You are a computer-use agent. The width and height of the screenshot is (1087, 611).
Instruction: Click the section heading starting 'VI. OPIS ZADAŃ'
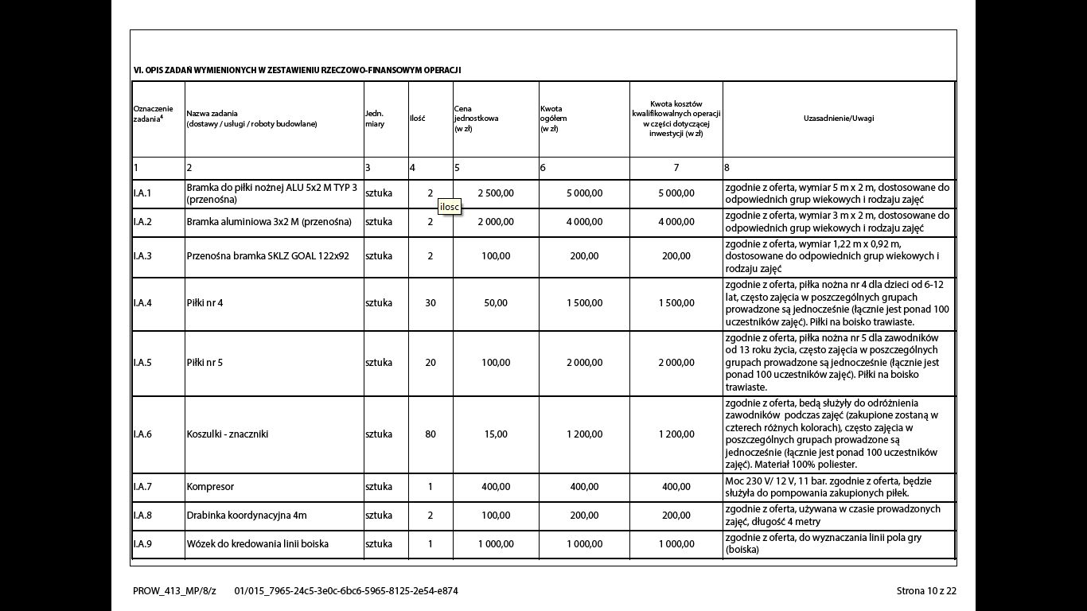[297, 70]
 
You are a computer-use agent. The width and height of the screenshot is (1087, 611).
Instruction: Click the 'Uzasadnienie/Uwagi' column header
[839, 119]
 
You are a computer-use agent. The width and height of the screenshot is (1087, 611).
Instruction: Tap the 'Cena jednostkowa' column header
[477, 119]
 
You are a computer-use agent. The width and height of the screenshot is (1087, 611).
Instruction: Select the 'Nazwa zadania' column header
[251, 119]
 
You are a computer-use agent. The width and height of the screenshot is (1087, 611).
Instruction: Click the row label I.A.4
[142, 303]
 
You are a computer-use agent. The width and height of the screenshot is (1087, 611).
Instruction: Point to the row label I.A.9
[142, 544]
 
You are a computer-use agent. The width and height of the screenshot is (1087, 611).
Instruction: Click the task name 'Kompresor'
[210, 487]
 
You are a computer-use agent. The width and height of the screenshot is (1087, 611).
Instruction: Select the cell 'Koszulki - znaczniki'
[227, 434]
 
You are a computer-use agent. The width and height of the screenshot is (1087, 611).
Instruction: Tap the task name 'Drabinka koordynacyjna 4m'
[247, 516]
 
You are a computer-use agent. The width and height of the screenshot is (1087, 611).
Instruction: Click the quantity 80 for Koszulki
[431, 434]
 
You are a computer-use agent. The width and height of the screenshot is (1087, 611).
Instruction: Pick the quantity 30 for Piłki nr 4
[431, 303]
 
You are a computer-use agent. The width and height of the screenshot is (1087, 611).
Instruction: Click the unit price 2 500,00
[496, 193]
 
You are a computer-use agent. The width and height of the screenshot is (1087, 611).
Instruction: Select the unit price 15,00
[496, 434]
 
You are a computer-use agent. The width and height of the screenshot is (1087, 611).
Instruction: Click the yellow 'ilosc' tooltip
[450, 207]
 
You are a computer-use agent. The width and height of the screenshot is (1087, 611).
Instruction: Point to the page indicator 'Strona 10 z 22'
[926, 591]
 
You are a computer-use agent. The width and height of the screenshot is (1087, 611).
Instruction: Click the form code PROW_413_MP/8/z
[174, 591]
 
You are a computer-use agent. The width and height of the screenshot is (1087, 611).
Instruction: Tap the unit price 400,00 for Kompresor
[496, 487]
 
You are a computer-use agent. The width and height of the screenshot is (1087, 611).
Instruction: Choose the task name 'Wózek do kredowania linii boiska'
[257, 544]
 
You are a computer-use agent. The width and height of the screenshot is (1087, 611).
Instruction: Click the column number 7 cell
[676, 168]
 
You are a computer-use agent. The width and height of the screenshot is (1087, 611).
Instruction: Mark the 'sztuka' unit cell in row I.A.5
[379, 363]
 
